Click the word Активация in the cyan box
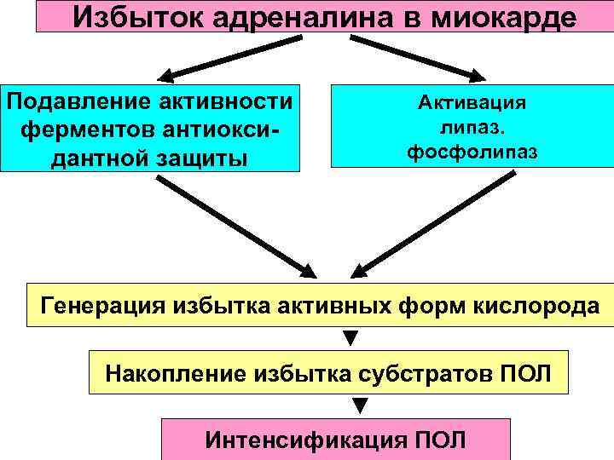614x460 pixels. coord(472,103)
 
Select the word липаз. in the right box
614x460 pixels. coord(472,128)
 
